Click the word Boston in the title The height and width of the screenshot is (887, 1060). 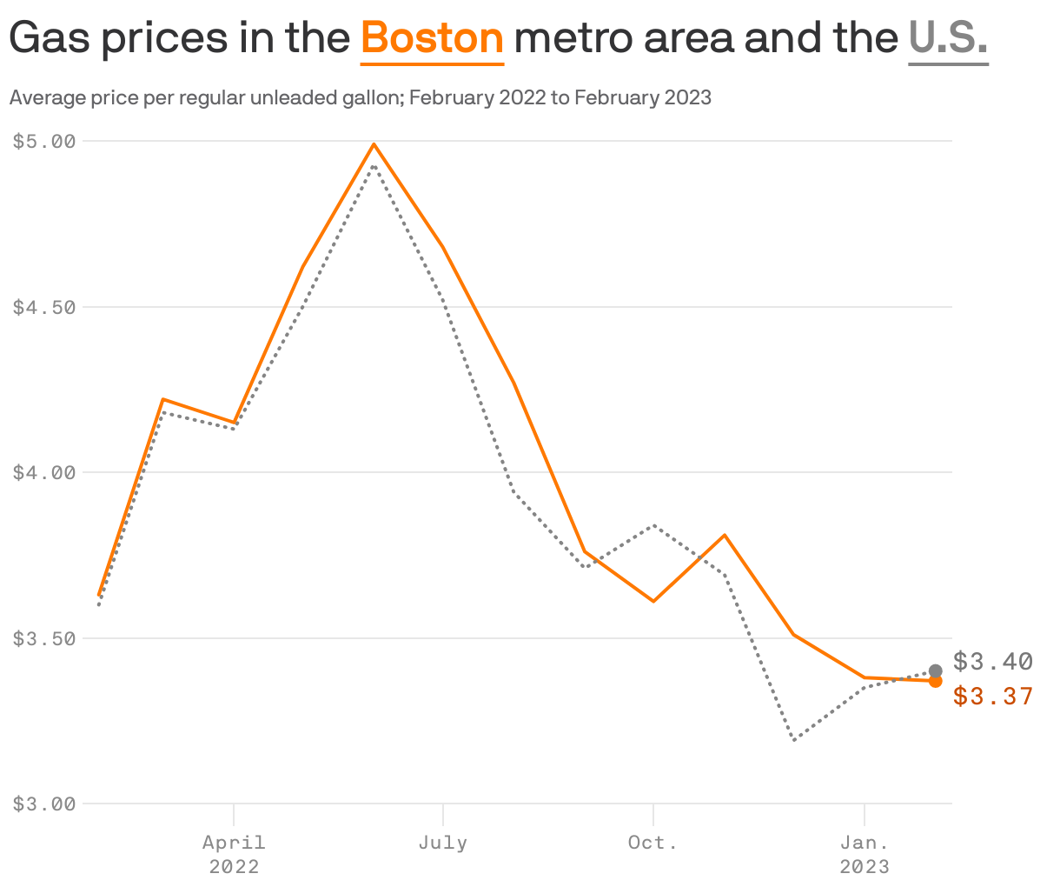(x=432, y=38)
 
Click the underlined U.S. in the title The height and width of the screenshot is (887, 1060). (x=948, y=38)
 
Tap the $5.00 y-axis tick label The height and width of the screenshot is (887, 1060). (x=44, y=141)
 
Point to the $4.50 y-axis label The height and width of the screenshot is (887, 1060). (x=44, y=307)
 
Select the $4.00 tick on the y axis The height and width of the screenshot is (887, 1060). (x=44, y=472)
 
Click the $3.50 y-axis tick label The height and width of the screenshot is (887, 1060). (x=44, y=638)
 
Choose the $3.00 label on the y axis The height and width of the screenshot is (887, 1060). (x=44, y=804)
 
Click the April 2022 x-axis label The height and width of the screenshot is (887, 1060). (x=234, y=854)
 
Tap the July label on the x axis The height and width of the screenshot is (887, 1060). (x=443, y=843)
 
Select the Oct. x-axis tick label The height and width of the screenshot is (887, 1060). (x=653, y=843)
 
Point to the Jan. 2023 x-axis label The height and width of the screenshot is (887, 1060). (x=864, y=854)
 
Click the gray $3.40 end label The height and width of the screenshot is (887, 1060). (x=992, y=662)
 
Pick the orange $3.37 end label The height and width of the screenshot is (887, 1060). (x=992, y=697)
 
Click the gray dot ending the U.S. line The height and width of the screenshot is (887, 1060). (x=935, y=670)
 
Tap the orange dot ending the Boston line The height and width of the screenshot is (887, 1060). (x=935, y=681)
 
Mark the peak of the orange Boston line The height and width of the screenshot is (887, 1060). (x=374, y=144)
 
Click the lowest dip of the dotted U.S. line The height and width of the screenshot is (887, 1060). (x=794, y=740)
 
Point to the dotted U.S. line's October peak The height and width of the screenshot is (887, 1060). (x=653, y=525)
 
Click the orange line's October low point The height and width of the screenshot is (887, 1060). (x=653, y=601)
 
